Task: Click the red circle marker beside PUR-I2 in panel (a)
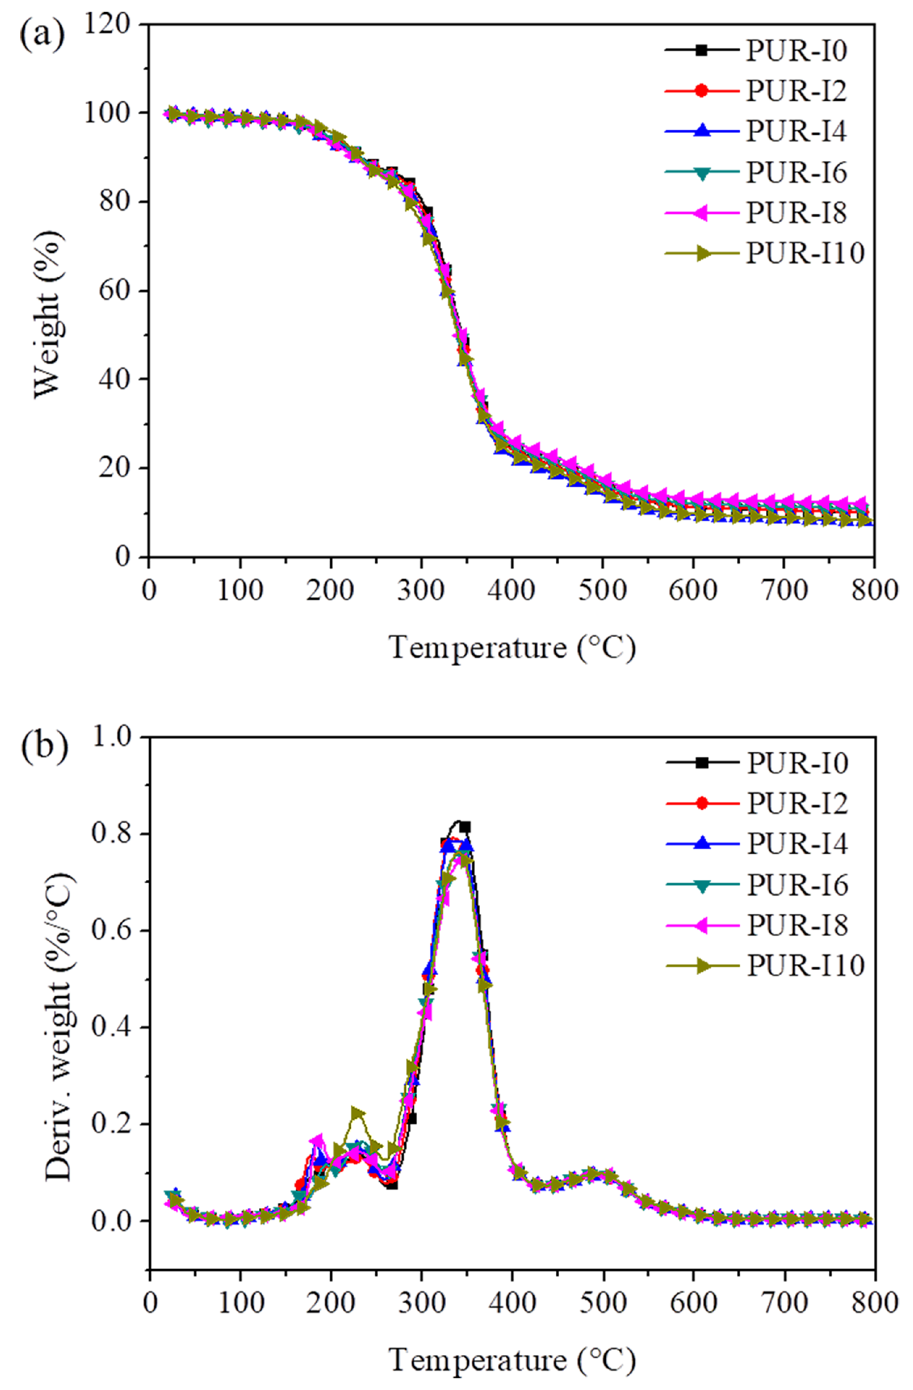click(702, 91)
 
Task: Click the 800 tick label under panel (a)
click(874, 590)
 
